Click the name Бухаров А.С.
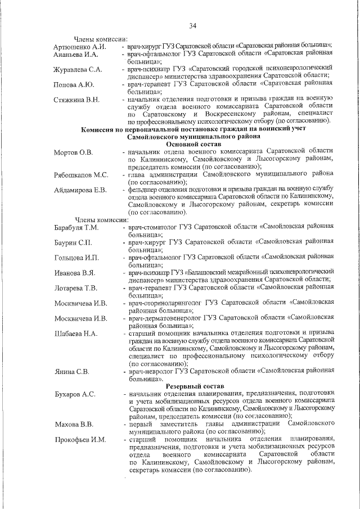point(74,394)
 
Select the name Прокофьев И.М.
point(80,439)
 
